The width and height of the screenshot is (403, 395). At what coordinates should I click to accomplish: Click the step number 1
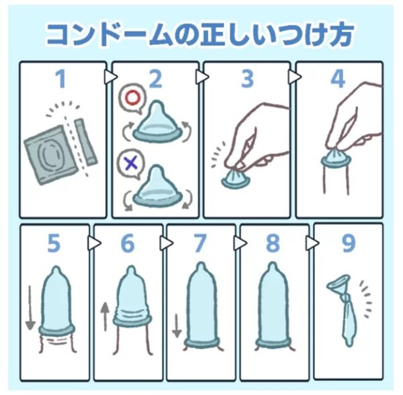point(61,79)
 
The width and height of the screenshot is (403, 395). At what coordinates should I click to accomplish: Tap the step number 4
point(338,79)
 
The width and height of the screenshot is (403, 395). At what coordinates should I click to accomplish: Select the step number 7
point(200,243)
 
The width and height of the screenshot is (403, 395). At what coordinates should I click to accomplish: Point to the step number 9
point(349,243)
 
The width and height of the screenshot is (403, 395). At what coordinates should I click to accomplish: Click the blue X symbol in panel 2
point(131,163)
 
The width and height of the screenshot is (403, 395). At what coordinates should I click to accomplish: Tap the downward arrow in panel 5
point(30,308)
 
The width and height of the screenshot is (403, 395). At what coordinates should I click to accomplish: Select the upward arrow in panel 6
point(105,316)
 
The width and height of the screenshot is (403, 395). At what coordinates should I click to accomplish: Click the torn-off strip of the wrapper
point(86,142)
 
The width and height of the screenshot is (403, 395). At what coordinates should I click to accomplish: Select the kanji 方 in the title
point(339,34)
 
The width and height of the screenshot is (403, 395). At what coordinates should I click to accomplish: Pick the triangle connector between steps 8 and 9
point(312,243)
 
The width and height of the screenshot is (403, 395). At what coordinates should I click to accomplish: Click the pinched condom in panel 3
point(235,177)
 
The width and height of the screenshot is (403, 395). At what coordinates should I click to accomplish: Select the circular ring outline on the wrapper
point(52,155)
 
